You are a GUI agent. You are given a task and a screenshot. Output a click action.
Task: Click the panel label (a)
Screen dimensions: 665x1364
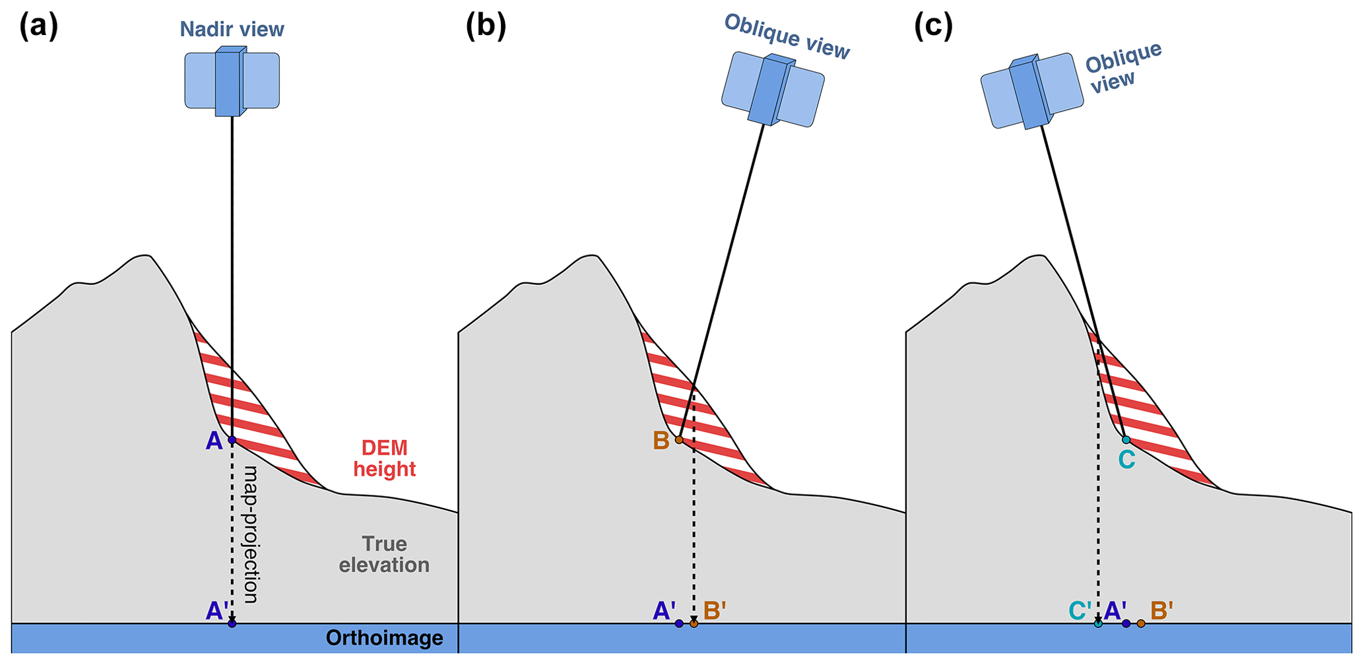pos(39,27)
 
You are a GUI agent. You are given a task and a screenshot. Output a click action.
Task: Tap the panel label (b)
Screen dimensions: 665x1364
pos(486,27)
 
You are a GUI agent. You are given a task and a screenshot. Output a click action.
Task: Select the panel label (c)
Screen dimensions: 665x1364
pos(933,27)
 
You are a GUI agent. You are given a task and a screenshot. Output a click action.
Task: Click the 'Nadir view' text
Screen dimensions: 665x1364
pos(232,30)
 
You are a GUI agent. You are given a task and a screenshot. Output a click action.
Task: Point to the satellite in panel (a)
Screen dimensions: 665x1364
pos(232,81)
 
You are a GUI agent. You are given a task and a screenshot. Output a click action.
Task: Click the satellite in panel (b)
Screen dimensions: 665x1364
pos(773,89)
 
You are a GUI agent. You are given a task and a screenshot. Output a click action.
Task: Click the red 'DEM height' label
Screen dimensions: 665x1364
pos(384,459)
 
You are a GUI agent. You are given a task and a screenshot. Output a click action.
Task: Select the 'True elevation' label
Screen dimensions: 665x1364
pos(384,554)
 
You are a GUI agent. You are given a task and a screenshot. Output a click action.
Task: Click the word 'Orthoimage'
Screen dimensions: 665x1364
pos(384,638)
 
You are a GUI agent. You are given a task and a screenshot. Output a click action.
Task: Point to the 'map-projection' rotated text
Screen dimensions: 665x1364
pos(251,534)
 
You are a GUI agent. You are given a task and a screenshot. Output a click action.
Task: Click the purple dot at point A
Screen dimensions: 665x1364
pos(232,440)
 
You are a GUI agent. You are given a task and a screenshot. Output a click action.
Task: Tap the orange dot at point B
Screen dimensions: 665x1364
pos(678,439)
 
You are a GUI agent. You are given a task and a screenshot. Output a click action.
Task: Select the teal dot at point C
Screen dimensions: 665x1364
pos(1126,439)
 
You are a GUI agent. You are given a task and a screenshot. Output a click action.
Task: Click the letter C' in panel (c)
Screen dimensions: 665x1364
pos(1080,611)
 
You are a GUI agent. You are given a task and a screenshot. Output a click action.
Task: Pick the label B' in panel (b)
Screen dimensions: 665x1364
pos(715,611)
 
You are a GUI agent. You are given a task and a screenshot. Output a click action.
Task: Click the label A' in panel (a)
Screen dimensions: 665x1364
pos(217,611)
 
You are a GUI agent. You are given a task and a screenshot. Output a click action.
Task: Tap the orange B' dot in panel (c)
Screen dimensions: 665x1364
pos(1141,623)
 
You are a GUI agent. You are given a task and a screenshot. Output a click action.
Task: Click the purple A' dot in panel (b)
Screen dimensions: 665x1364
pos(679,623)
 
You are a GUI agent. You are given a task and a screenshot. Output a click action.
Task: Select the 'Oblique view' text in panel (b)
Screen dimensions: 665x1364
pos(787,36)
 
